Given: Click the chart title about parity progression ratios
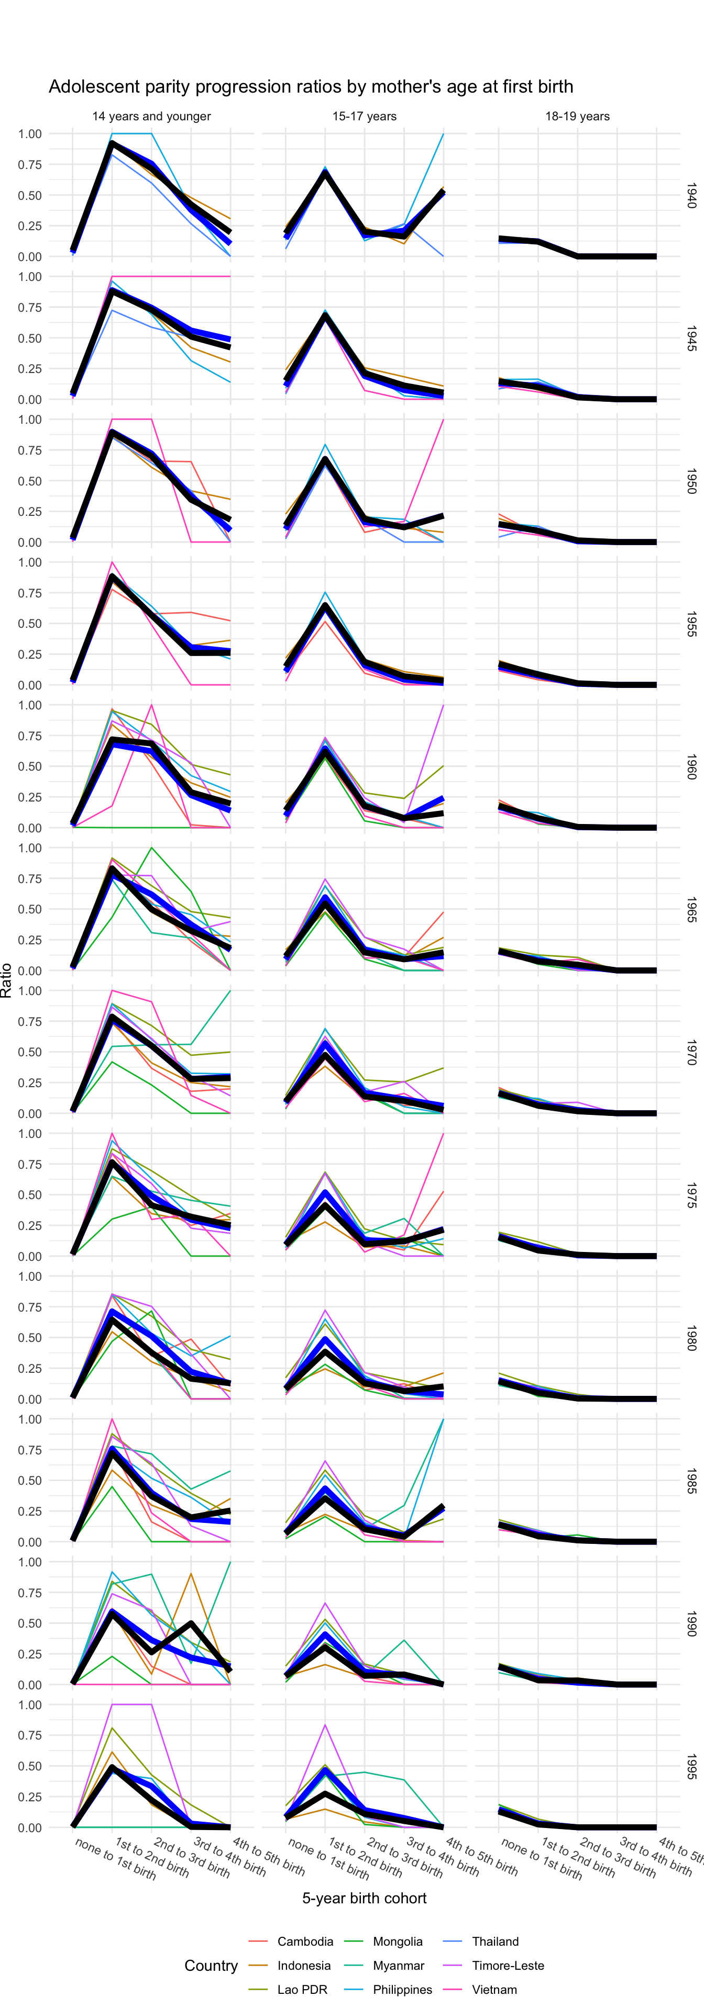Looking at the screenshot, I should coord(311,86).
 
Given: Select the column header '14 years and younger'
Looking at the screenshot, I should coord(151,116).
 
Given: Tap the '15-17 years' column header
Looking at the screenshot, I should coord(365,116).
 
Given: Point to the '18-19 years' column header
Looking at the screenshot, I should coord(578,116).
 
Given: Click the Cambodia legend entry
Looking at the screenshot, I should coord(304,1941).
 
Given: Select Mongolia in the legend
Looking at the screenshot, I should coord(397,1941).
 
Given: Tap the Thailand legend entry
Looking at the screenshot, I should coord(495,1941).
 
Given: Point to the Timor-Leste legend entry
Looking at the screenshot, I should coord(508,1966).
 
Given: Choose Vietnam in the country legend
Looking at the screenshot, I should coord(494,1990).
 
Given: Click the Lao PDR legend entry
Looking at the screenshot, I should coord(302,1990).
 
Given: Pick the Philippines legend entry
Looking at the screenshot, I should coord(402,1990).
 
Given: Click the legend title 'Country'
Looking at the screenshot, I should coord(211,1966).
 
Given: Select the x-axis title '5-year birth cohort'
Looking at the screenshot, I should coord(365,1898).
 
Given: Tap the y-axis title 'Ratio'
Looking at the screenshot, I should coord(7,980).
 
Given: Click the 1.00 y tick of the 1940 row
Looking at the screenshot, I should coord(30,133).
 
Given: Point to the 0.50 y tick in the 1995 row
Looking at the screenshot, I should coord(30,1766).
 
